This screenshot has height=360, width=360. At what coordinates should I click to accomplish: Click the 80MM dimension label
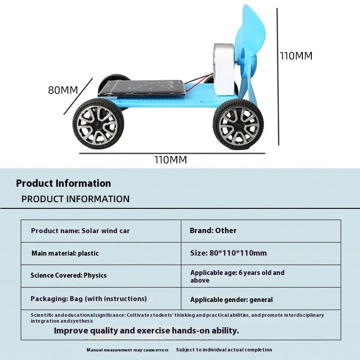63,90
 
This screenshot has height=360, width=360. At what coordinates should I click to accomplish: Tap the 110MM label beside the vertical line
296,56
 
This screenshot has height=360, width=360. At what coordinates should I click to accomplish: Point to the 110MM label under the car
171,160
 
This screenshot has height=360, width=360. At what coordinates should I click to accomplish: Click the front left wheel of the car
98,124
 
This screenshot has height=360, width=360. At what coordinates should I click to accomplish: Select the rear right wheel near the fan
238,124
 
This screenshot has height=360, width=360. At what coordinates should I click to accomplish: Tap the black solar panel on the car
142,88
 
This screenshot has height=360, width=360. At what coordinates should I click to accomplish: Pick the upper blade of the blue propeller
251,29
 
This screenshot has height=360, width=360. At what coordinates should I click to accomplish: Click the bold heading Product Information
63,183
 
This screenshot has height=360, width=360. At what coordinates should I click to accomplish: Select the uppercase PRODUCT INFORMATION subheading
76,199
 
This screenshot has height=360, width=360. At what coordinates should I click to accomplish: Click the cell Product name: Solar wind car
101,231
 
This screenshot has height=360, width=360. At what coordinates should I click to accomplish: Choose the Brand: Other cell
261,231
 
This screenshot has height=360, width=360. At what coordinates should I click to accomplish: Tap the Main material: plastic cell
101,253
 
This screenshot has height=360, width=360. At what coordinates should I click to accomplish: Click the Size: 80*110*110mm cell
261,253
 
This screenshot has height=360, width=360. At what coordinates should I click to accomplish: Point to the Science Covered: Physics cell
101,276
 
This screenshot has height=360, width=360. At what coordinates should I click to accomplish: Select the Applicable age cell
261,276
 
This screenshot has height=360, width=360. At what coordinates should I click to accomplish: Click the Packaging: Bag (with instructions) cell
101,298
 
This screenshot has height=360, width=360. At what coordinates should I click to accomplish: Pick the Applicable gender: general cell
261,298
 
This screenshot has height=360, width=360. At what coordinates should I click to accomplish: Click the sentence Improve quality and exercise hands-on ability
146,331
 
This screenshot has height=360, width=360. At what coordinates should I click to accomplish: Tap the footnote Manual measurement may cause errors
127,350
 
